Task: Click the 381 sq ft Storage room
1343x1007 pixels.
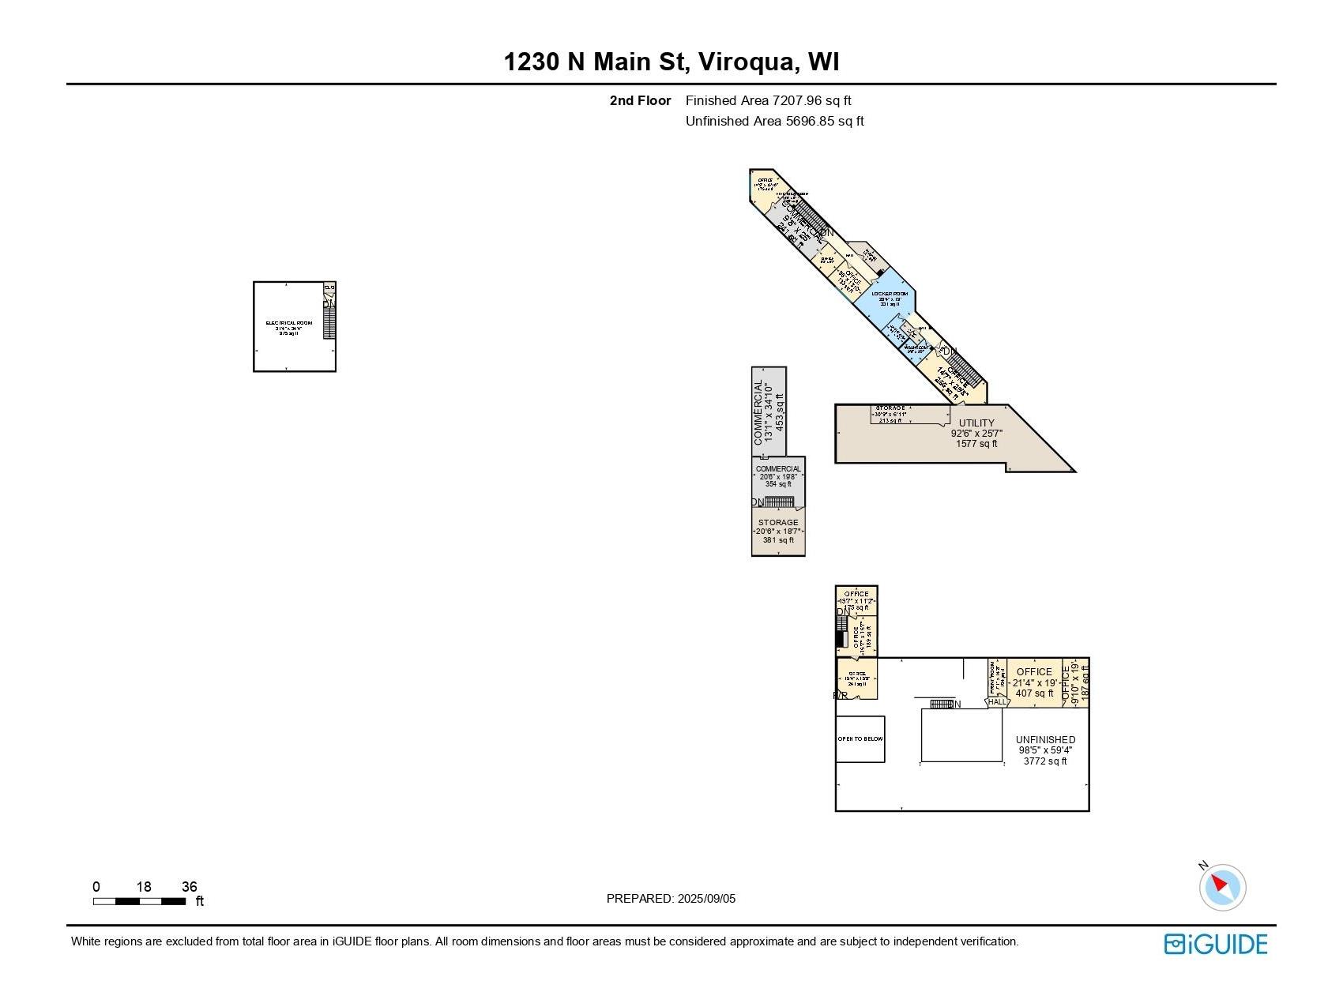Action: [778, 531]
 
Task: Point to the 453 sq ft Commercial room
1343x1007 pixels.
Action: [769, 411]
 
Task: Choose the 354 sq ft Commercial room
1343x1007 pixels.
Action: [778, 476]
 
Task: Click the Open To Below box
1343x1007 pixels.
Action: [860, 739]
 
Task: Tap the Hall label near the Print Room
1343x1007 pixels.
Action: [997, 701]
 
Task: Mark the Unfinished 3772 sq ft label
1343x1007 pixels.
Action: [1045, 750]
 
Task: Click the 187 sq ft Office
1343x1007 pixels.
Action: [1075, 682]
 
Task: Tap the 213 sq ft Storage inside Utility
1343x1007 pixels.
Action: [890, 415]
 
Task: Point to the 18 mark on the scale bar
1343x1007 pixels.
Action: [143, 887]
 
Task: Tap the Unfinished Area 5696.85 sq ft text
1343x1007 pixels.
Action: [774, 121]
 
